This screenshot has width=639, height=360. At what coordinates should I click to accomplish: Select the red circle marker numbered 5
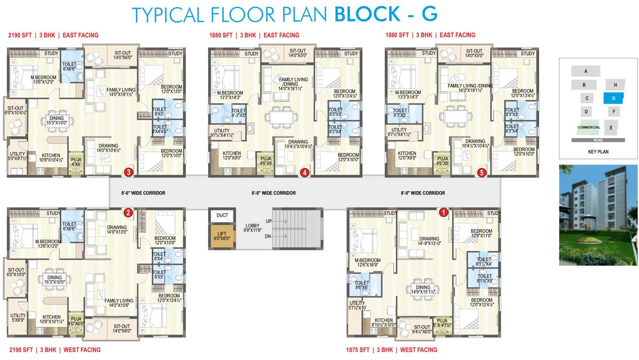[x=482, y=173]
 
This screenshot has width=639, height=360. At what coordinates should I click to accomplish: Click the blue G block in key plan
[x=613, y=98]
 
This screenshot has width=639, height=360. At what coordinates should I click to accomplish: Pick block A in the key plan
[x=585, y=71]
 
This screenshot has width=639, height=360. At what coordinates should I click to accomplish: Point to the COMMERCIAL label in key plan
[x=588, y=128]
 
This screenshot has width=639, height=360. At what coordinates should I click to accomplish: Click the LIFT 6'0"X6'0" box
[x=222, y=236]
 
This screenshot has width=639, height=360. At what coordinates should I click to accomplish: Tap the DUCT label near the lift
[x=222, y=215]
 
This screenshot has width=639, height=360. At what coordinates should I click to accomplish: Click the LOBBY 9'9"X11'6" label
[x=253, y=228]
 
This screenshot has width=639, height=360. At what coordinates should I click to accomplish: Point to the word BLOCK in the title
[x=366, y=14]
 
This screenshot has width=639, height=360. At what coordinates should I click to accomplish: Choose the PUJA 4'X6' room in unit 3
[x=76, y=163]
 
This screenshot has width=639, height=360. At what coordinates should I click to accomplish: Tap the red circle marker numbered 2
[x=128, y=213]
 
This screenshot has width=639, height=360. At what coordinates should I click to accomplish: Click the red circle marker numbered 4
[x=304, y=173]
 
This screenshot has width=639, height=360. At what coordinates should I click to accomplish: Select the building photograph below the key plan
[x=598, y=215]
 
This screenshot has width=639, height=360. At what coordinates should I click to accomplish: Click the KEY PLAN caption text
[x=598, y=152]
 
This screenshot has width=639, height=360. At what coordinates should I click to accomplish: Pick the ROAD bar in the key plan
[x=598, y=140]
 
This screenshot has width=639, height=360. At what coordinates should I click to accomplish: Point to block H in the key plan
[x=615, y=85]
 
